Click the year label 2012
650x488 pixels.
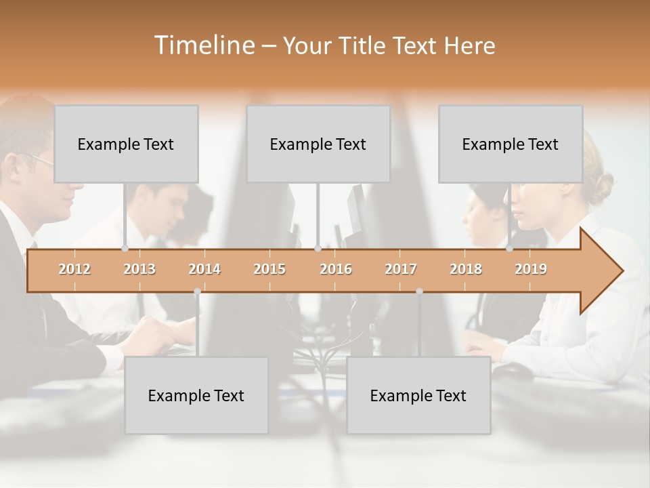point(74,269)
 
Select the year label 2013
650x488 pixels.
point(139,269)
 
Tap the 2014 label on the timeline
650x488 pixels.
point(204,269)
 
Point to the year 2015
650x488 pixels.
point(269,269)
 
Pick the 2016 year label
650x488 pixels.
point(336,269)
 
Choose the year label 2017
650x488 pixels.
point(401,269)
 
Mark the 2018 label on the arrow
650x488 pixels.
point(466,269)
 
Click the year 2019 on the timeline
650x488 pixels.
point(531,269)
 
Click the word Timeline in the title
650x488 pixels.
point(203,45)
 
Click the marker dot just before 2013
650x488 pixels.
point(125,249)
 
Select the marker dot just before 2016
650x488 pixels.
point(318,249)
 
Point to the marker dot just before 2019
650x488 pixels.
point(510,249)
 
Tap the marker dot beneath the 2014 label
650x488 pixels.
point(197,291)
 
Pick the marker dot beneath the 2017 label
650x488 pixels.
point(419,291)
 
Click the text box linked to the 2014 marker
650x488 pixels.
point(196,395)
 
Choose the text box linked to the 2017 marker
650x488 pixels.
point(418,395)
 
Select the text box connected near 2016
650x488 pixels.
point(318,144)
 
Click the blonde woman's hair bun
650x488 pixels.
point(601,186)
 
